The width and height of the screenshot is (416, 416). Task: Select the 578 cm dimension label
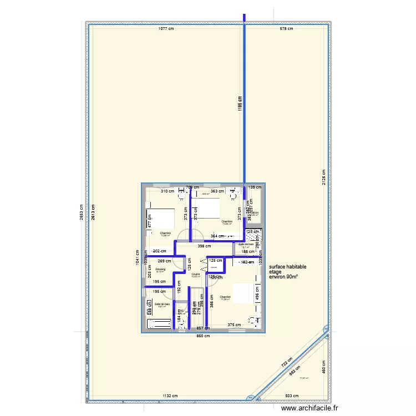286,28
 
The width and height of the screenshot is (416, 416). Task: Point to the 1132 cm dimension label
170,396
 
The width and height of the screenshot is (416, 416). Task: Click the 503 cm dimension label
292,396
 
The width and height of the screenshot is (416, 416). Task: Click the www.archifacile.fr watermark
313,408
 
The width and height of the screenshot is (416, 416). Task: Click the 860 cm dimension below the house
203,336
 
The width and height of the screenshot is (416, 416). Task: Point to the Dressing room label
160,269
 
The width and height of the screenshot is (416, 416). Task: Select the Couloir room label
195,274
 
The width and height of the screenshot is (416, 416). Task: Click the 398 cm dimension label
205,246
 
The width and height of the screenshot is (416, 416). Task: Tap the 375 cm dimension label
234,325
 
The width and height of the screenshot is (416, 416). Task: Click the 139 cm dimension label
253,188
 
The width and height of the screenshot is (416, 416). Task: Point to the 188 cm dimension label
248,251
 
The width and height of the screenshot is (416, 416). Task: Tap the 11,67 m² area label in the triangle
303,378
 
